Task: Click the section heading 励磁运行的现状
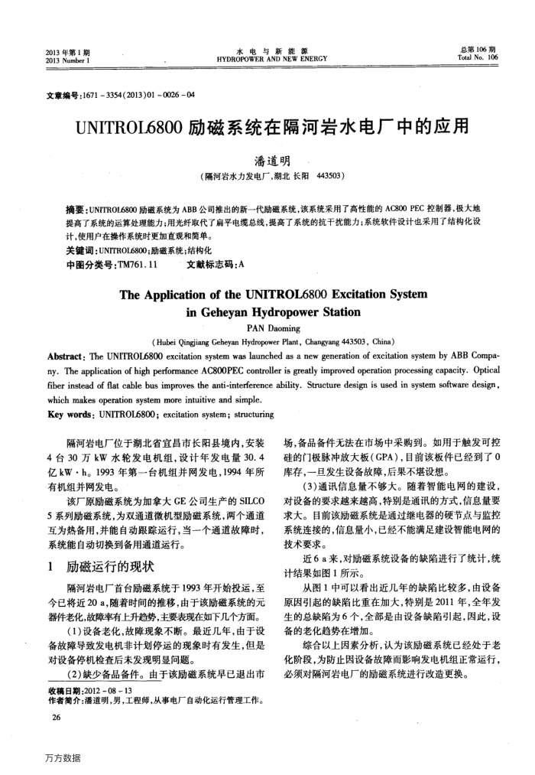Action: [x=112, y=567]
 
